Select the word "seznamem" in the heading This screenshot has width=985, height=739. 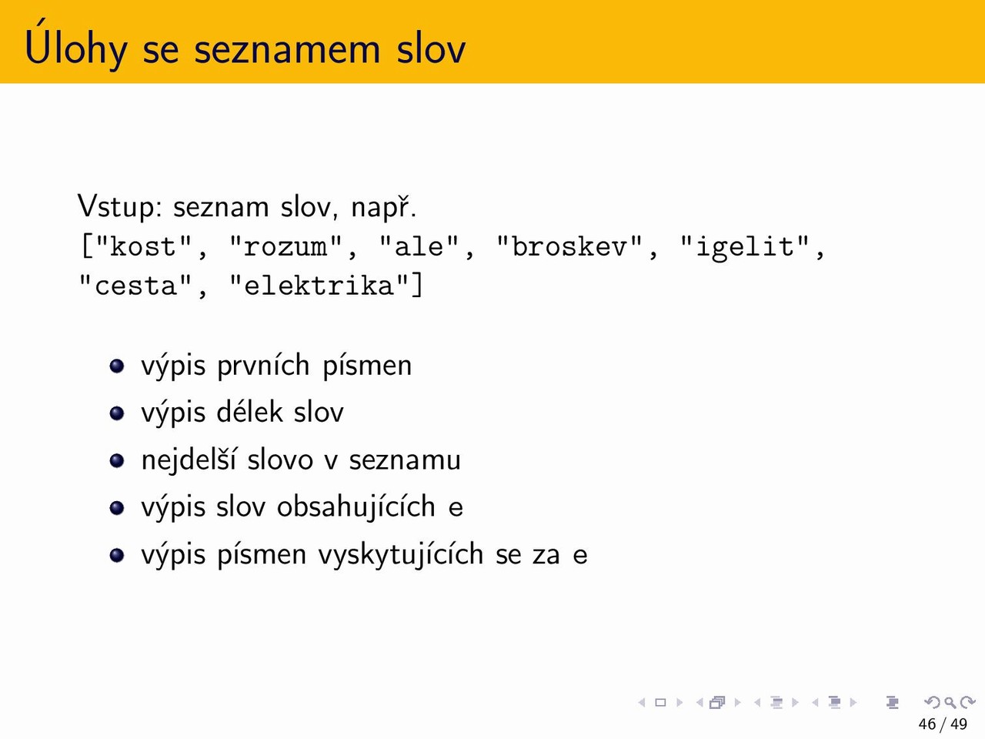pos(287,49)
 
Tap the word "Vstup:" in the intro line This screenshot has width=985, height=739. pos(120,207)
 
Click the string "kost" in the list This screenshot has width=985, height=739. pos(144,246)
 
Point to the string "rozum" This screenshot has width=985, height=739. pos(285,246)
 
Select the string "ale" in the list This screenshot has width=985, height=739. pos(419,246)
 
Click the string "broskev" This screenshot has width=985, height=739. pos(569,246)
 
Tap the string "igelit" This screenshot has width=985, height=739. pos(745,247)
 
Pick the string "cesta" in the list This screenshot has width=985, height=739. pos(135,286)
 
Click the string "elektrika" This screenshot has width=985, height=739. pos(318,286)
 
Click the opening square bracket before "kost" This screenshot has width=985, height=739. pos(87,246)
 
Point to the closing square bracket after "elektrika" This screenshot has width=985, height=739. pos(417,285)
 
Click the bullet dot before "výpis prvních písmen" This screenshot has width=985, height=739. pos(117,366)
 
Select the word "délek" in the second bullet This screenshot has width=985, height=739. pos(249,411)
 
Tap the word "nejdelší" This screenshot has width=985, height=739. pos(189,460)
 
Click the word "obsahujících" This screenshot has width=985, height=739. pos(356,507)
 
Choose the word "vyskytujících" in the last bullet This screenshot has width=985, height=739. pos(401,554)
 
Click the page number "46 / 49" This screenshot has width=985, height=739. pos(943,724)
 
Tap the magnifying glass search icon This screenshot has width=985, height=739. pos(950,703)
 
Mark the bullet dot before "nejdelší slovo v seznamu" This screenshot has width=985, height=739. pos(117,460)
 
